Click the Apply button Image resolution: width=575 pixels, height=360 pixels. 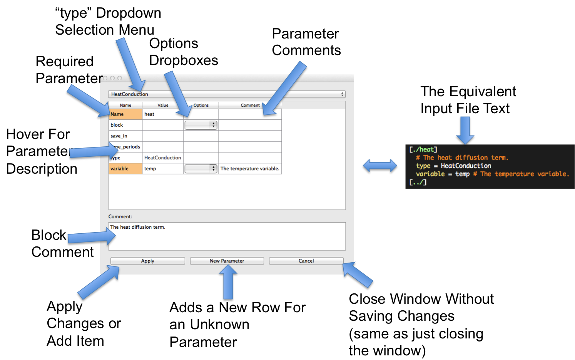click(x=147, y=261)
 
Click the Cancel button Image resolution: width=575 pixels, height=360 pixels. click(x=306, y=261)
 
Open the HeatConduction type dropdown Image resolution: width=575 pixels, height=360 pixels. click(x=227, y=94)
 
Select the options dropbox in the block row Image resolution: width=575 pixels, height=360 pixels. click(x=201, y=125)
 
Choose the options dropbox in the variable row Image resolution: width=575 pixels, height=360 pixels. click(x=201, y=169)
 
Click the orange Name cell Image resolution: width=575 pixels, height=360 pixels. click(x=125, y=114)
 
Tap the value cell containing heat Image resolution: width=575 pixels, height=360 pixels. click(x=162, y=114)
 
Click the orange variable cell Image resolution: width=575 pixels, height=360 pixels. click(x=125, y=169)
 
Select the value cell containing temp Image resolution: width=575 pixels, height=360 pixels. click(x=162, y=169)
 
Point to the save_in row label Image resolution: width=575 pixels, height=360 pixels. click(x=119, y=136)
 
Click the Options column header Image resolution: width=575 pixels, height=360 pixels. click(x=201, y=105)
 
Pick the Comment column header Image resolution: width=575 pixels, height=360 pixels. click(x=250, y=105)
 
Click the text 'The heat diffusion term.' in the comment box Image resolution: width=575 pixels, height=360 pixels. click(x=138, y=227)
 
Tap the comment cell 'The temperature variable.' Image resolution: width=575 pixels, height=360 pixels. click(x=250, y=169)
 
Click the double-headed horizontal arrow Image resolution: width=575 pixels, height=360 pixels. click(x=380, y=166)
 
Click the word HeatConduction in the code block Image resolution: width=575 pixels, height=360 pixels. click(x=466, y=166)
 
